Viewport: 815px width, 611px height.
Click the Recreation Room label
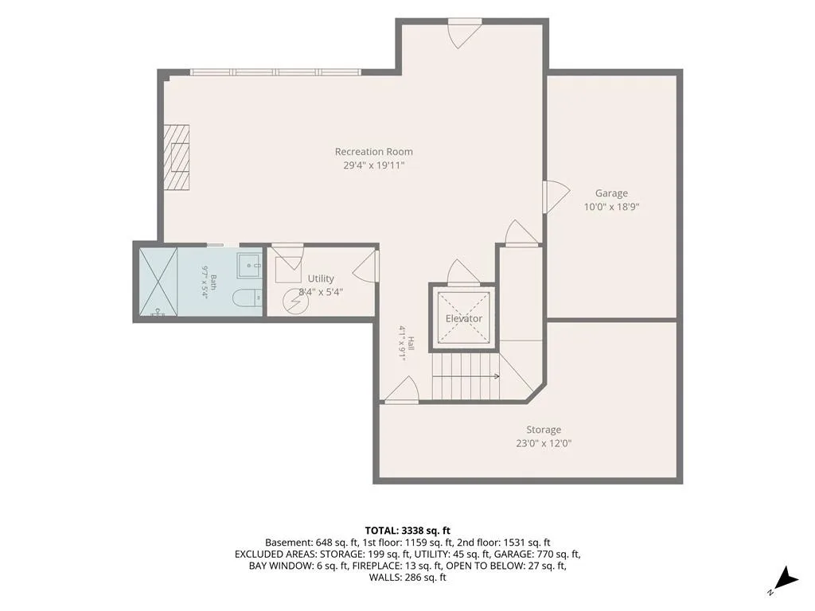[374, 152]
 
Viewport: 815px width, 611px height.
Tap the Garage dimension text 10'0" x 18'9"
[611, 207]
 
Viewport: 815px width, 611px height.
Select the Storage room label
[544, 430]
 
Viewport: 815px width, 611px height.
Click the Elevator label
[464, 318]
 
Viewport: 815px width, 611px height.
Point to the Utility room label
[321, 278]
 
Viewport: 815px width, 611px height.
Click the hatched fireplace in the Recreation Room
[177, 158]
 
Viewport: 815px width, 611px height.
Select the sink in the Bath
[250, 265]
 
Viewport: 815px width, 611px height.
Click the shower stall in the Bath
[158, 282]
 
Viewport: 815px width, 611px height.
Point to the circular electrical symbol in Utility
[292, 303]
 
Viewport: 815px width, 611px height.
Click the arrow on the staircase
[466, 376]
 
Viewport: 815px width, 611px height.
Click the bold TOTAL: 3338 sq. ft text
[407, 531]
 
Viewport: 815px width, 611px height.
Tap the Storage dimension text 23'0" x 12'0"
[544, 443]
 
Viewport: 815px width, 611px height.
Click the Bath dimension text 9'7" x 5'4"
[205, 282]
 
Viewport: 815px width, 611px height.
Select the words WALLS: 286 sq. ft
[407, 578]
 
